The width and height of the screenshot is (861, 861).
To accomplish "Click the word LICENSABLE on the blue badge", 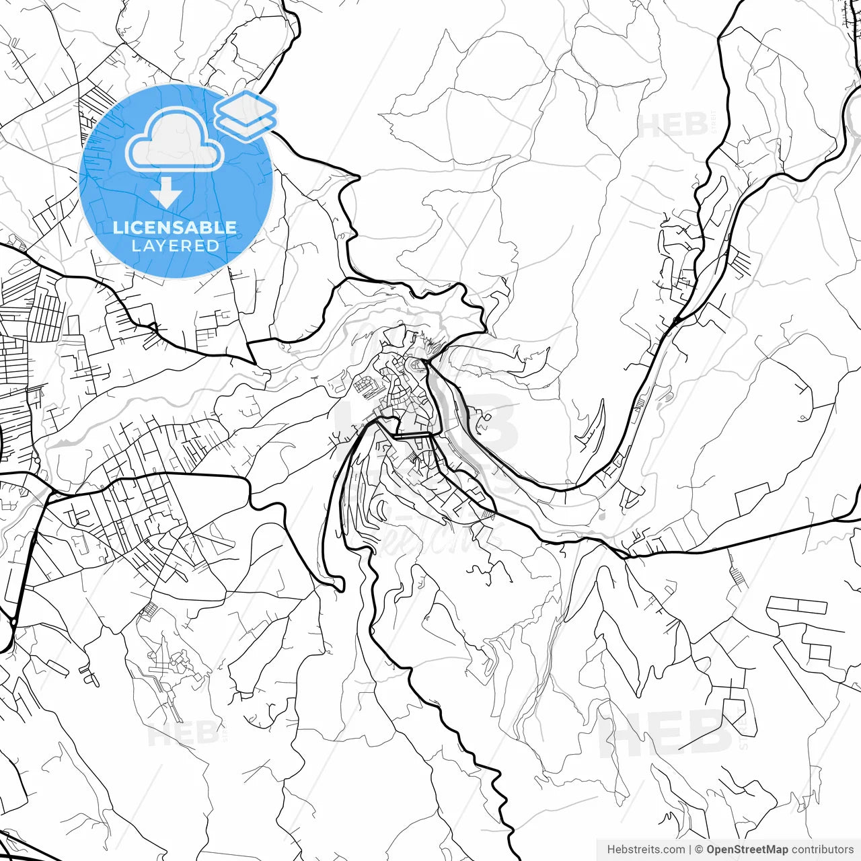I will pos(175,227).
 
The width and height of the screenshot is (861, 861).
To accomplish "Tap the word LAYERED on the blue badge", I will pos(175,246).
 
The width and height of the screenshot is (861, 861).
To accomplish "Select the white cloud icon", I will pos(175,141).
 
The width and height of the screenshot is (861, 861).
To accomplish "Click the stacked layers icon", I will pos(246,116).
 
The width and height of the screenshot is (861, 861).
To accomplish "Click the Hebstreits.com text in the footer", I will pos(646,850).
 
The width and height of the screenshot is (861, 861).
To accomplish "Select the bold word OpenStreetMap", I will pos(747,850).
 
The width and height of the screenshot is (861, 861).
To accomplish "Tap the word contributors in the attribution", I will pos(822,850).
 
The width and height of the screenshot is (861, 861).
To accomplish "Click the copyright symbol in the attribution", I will pos(699,850).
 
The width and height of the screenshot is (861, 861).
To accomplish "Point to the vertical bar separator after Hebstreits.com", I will pos(690,850).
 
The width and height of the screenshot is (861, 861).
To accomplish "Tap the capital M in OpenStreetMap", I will pos(770,850).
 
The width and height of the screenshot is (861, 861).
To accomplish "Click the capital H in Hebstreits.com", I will pos(611,850).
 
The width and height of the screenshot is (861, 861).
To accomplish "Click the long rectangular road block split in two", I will pos(797,605).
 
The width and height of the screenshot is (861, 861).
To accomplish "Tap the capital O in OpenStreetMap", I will pos(711,850).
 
